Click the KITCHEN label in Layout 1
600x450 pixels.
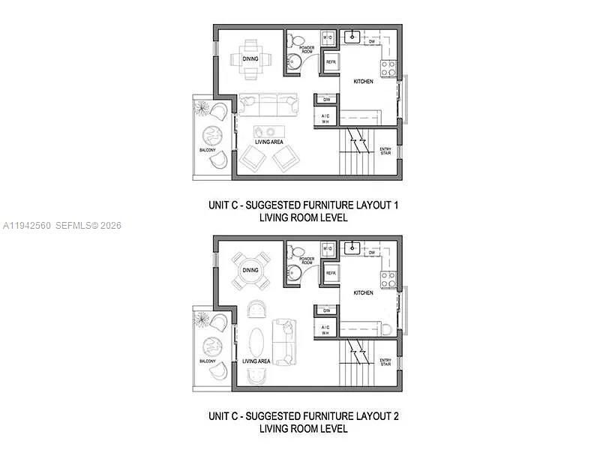(x=364, y=82)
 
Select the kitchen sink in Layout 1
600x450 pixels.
(x=352, y=35)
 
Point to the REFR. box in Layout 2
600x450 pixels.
(x=330, y=273)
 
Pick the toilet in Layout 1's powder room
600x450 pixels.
(x=297, y=41)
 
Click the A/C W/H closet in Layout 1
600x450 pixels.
(x=326, y=118)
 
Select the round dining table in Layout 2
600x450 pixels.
(x=250, y=271)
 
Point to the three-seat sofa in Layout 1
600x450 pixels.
(x=267, y=104)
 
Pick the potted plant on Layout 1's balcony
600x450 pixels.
(x=202, y=108)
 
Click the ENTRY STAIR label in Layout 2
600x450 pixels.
(x=385, y=362)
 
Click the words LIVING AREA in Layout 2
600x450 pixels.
(x=257, y=361)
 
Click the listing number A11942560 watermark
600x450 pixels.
(x=27, y=226)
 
